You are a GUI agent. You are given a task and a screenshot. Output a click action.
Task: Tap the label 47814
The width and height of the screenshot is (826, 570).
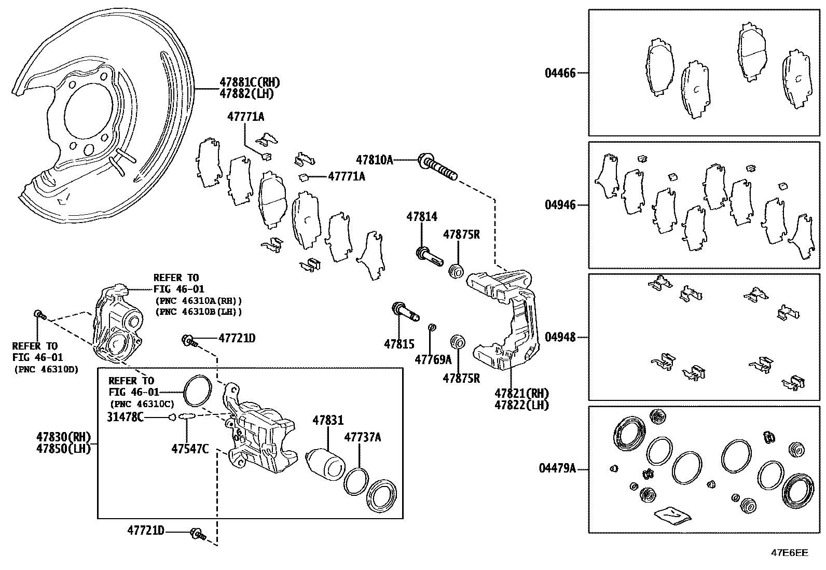point(421,217)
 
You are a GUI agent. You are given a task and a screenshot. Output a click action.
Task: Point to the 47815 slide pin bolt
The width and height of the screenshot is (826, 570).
point(406,312)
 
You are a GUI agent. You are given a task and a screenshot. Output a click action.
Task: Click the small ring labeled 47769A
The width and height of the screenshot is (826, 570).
point(431,327)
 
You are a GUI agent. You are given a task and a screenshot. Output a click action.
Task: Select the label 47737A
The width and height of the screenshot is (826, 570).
point(363,437)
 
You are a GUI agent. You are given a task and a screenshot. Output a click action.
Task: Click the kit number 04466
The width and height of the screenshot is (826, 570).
point(560,73)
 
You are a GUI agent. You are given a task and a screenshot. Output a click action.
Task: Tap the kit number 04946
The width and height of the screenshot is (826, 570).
point(560,205)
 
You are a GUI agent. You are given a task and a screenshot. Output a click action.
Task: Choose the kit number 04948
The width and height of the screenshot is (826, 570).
point(560,337)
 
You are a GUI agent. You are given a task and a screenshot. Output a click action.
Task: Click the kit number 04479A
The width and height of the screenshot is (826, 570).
point(557,469)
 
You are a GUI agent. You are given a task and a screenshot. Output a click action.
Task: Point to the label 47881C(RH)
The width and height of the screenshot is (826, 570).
point(249,82)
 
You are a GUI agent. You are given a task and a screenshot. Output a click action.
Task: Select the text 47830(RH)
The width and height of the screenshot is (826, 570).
point(64,437)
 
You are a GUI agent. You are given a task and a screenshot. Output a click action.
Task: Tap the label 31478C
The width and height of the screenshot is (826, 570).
point(125,416)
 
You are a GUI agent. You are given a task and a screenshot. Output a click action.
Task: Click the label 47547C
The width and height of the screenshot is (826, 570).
point(190,449)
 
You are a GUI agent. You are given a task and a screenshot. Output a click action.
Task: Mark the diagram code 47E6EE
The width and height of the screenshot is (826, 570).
point(789,553)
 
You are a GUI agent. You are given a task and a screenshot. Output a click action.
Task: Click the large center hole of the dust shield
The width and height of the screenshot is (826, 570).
point(88,116)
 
